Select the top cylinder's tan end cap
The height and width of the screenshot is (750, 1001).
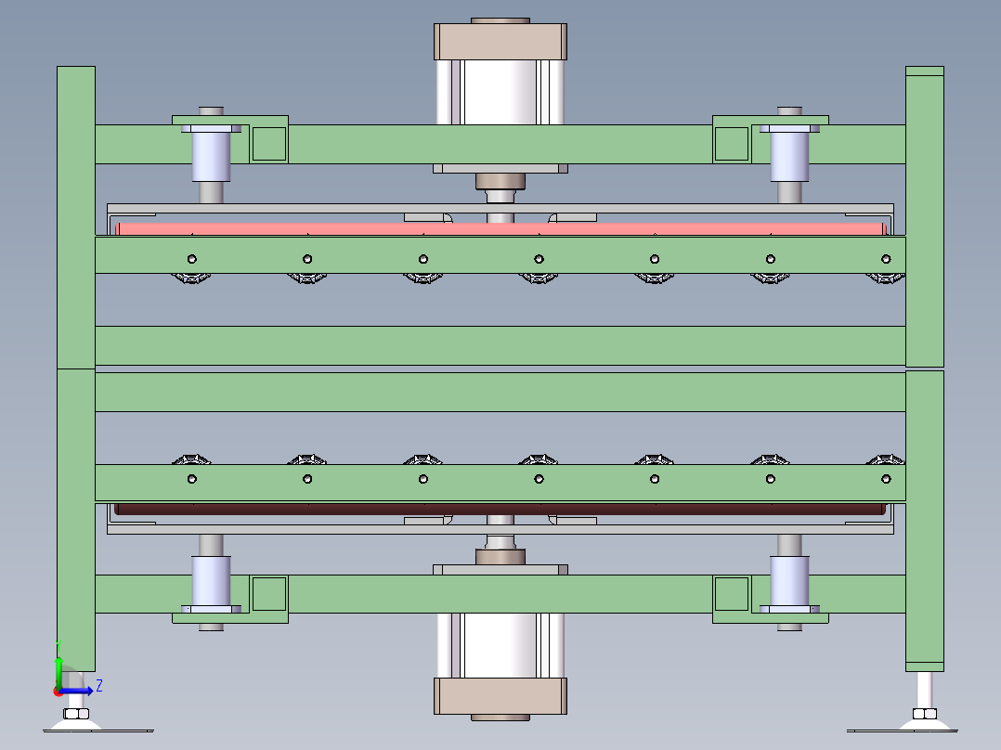click(500, 42)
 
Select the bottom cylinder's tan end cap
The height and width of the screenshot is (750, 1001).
click(500, 696)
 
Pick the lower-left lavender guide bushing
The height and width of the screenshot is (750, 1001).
click(211, 580)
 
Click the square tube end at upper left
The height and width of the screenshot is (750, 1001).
click(268, 143)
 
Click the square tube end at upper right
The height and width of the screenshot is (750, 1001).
click(731, 143)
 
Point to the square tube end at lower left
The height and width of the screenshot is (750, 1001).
click(268, 594)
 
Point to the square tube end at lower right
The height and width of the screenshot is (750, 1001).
click(731, 594)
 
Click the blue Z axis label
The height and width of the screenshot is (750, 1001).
click(98, 686)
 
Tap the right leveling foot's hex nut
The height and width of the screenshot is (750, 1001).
click(924, 714)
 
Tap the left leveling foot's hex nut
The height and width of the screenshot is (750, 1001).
click(75, 714)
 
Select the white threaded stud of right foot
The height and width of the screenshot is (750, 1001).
click(925, 689)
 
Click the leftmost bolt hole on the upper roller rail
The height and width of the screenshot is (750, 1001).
click(191, 259)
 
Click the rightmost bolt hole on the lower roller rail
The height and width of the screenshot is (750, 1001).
click(886, 479)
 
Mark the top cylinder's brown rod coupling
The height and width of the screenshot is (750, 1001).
click(500, 182)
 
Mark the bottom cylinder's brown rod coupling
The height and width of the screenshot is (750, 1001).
click(500, 557)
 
